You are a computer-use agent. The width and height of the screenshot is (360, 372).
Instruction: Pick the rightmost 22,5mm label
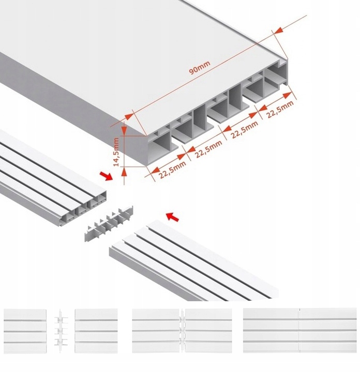click(x=279, y=110)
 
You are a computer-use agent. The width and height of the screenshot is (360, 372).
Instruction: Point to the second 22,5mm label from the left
click(x=208, y=149)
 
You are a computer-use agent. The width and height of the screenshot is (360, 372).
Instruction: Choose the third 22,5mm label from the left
click(x=244, y=130)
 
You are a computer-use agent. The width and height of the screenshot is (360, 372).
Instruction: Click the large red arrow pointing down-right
click(x=108, y=176)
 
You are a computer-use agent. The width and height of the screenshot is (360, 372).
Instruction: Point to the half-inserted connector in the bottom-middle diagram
click(x=182, y=331)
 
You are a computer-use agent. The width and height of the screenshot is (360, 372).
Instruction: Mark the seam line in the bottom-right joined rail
click(x=299, y=331)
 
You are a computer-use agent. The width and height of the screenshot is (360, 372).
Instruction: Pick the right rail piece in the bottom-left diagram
click(x=96, y=331)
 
